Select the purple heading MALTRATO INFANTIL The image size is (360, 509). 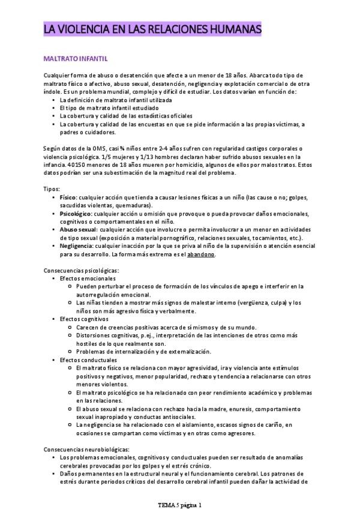tap(76, 59)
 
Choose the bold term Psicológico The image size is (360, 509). tap(76, 213)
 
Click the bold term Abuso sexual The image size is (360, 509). tap(78, 229)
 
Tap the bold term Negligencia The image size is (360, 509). tap(76, 245)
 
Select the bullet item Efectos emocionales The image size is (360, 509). tap(88, 279)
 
